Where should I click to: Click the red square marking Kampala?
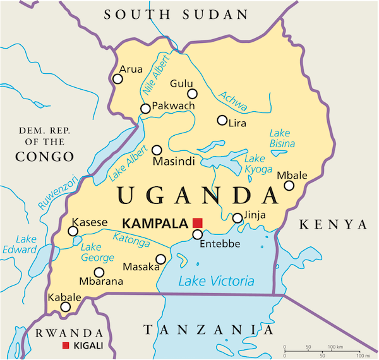(x=197, y=222)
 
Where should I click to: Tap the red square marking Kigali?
(x=66, y=346)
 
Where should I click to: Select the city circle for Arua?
(x=117, y=79)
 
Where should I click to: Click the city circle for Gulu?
(x=192, y=94)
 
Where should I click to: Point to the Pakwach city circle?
(x=145, y=109)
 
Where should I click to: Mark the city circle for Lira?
(x=222, y=120)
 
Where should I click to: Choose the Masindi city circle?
(x=157, y=150)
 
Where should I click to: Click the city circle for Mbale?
(x=289, y=185)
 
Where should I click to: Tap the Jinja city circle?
(x=238, y=218)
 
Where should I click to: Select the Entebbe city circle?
(x=197, y=234)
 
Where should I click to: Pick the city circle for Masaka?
(x=160, y=259)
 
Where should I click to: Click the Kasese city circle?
(x=73, y=231)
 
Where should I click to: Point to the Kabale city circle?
(x=65, y=307)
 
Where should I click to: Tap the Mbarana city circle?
(x=99, y=272)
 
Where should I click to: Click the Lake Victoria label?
(x=215, y=282)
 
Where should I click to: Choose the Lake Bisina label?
(x=282, y=138)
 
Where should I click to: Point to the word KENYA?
(x=332, y=225)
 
